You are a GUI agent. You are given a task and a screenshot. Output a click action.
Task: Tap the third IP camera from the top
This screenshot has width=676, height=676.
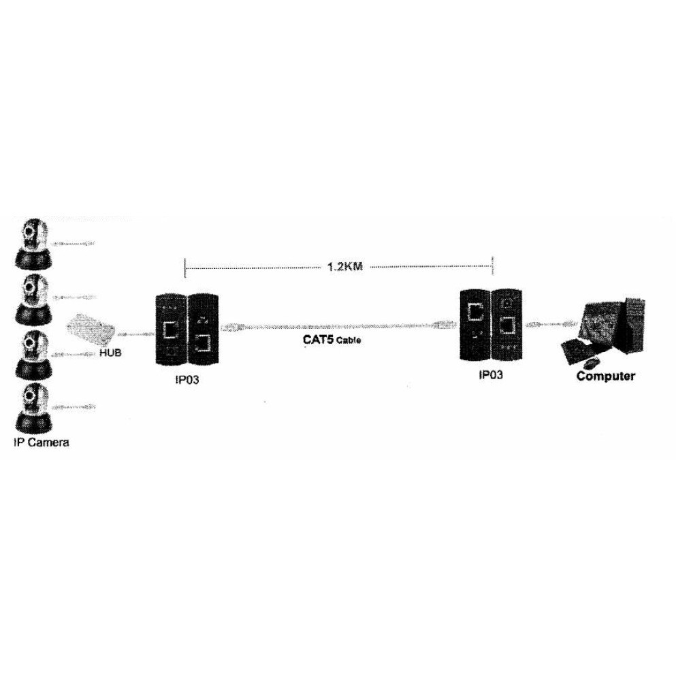click(x=33, y=355)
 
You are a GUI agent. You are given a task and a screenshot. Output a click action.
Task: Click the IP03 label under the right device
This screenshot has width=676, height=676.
click(x=490, y=374)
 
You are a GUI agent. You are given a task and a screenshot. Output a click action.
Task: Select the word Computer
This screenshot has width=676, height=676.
click(x=606, y=375)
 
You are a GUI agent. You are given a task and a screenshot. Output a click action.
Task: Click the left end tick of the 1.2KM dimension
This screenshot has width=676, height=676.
click(x=185, y=268)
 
